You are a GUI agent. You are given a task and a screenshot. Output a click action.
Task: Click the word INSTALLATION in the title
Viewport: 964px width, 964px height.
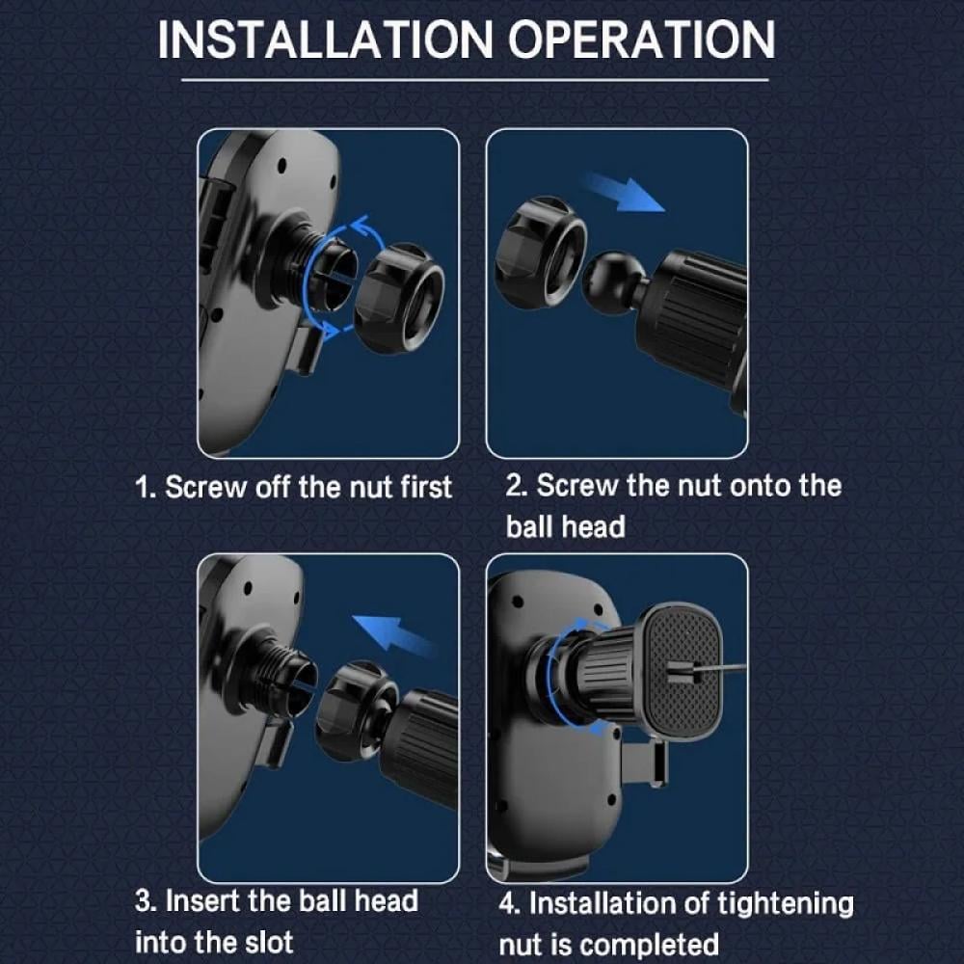tap(325, 40)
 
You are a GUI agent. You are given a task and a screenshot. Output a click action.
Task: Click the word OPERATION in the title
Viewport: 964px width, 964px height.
tap(641, 40)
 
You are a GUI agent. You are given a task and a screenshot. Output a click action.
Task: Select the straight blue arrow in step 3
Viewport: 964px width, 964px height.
tap(394, 634)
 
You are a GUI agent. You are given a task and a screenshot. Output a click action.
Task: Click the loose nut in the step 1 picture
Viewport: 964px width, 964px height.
tap(398, 298)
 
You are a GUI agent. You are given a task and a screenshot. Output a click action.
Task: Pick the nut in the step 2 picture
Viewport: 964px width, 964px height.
tap(541, 254)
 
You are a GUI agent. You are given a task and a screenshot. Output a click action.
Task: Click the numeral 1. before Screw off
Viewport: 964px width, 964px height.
tap(146, 488)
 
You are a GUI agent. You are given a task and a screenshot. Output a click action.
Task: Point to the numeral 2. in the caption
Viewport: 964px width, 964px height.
tap(517, 486)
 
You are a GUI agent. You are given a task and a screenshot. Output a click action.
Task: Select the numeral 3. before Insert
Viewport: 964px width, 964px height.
tap(147, 902)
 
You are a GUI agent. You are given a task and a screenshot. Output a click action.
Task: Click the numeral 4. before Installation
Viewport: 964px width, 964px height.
tap(510, 904)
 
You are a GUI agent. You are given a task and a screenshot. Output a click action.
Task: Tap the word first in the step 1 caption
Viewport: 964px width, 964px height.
tap(426, 487)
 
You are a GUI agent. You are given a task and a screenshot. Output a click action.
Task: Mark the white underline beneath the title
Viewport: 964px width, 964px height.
tap(474, 80)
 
